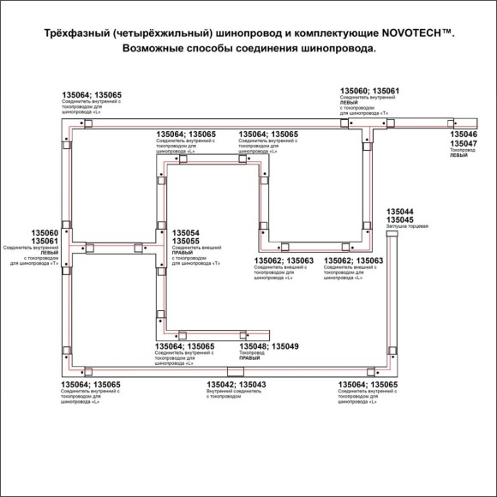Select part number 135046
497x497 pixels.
point(464,135)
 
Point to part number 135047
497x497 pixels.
point(464,144)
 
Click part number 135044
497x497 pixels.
point(400,211)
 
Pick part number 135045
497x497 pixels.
point(400,219)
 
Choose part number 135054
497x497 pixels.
point(186,233)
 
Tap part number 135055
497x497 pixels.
point(186,242)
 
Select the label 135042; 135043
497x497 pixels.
point(236,385)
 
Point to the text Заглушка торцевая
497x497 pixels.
point(407,227)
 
